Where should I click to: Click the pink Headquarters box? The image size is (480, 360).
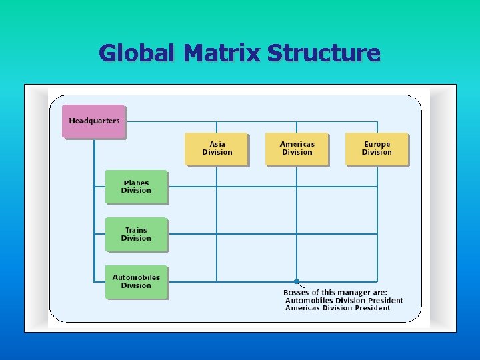pyautogui.click(x=94, y=121)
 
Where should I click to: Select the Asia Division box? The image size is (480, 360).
pyautogui.click(x=217, y=149)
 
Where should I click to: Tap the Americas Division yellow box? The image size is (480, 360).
pyautogui.click(x=297, y=149)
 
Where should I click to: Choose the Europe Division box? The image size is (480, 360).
pyautogui.click(x=377, y=149)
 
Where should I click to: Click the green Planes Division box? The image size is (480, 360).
pyautogui.click(x=136, y=187)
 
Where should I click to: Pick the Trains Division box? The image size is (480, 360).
pyautogui.click(x=136, y=234)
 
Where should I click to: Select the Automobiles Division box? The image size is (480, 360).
pyautogui.click(x=136, y=281)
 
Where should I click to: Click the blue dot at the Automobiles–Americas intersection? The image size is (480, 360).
pyautogui.click(x=297, y=281)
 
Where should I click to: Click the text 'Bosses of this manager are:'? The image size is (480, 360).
pyautogui.click(x=335, y=292)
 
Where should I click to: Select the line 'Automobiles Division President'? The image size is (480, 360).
pyautogui.click(x=344, y=300)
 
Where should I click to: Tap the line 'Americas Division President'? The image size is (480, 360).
pyautogui.click(x=337, y=307)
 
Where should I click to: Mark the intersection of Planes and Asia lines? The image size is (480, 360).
pyautogui.click(x=217, y=187)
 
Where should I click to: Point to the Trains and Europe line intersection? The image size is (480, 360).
pyautogui.click(x=377, y=234)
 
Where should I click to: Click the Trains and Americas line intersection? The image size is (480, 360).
pyautogui.click(x=297, y=234)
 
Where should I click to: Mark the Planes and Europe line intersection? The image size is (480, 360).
pyautogui.click(x=377, y=187)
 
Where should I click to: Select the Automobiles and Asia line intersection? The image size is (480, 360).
pyautogui.click(x=217, y=281)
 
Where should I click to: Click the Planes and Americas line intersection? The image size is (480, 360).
pyautogui.click(x=297, y=187)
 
